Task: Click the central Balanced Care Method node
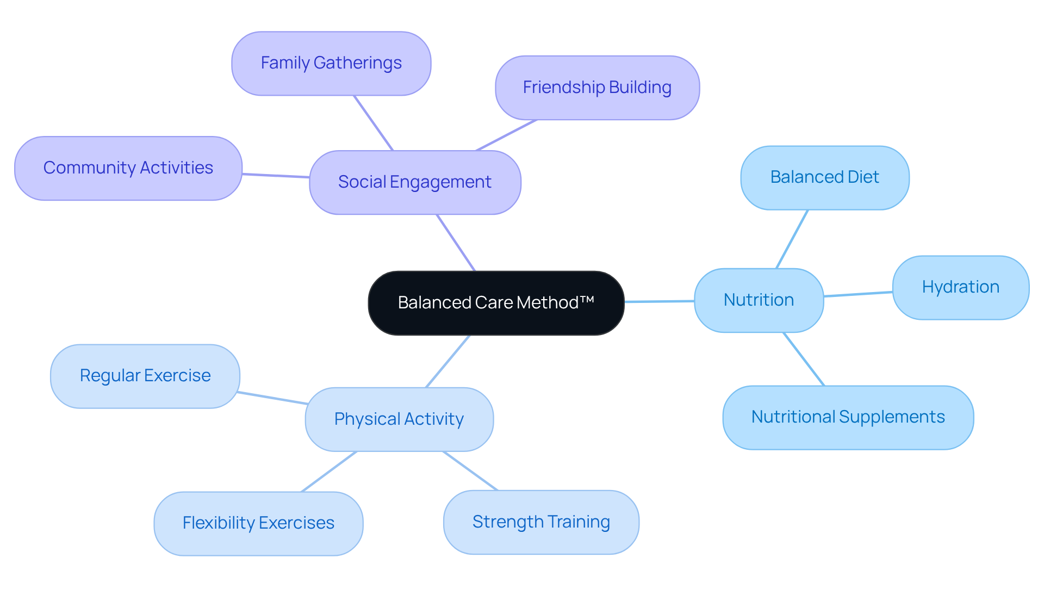[x=495, y=303]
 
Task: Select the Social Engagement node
[x=415, y=182]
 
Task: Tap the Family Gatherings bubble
[x=331, y=63]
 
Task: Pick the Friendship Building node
[x=597, y=88]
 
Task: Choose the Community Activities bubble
[x=128, y=168]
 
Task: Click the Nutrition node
[x=759, y=300]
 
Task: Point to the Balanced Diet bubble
[x=824, y=177]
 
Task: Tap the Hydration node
[x=960, y=287]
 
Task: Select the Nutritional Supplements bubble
[x=848, y=417]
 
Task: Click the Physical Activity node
[x=399, y=419]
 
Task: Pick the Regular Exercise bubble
[x=145, y=376]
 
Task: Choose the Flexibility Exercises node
[x=258, y=523]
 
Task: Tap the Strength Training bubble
[x=541, y=522]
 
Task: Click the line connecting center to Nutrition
[x=659, y=301]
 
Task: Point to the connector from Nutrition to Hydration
[x=858, y=294]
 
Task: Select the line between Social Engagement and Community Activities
[x=276, y=176]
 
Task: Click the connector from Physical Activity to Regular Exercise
[x=272, y=398]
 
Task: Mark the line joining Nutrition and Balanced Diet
[x=792, y=239]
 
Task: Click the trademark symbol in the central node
[x=587, y=300]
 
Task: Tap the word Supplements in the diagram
[x=892, y=417]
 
